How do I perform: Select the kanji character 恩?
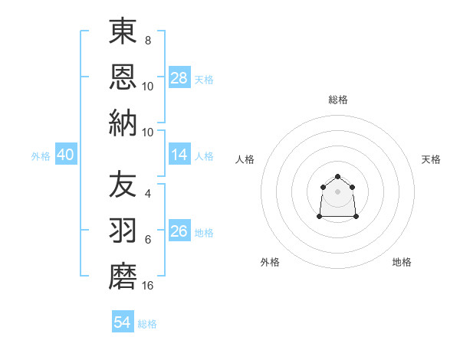tap(123, 76)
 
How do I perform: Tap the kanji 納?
tap(123, 122)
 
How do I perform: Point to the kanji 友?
tap(123, 185)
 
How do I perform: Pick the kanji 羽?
tap(123, 230)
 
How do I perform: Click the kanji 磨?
tap(123, 275)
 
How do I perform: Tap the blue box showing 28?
tap(179, 78)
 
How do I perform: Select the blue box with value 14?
tap(179, 155)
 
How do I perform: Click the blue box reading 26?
tap(179, 232)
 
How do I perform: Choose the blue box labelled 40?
tap(65, 155)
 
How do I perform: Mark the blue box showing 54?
tap(123, 323)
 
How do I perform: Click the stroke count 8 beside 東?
tap(147, 40)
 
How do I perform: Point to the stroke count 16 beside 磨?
tap(148, 285)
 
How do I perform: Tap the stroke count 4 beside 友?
tap(147, 194)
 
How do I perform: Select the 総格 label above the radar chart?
tap(338, 100)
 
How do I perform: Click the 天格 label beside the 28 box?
tap(204, 79)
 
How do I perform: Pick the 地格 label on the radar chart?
tap(402, 262)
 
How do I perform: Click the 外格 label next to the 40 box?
tap(41, 156)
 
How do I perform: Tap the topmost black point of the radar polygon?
tap(338, 177)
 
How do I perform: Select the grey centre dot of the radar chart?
tap(338, 191)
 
